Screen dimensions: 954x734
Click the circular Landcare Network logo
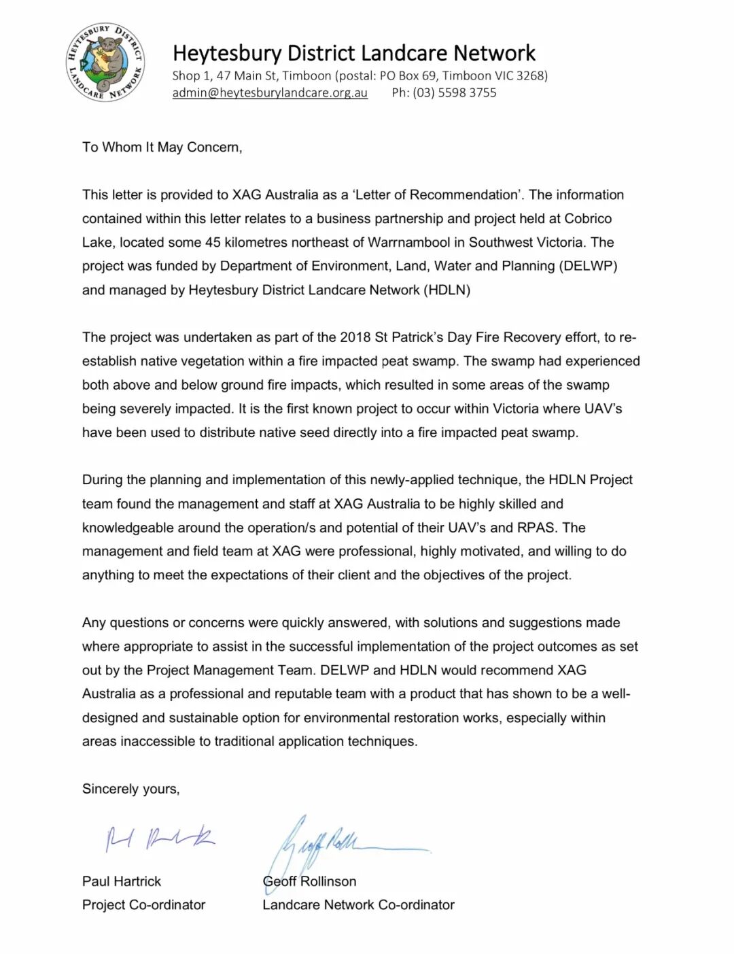click(x=105, y=61)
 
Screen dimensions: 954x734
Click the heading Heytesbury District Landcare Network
click(x=353, y=53)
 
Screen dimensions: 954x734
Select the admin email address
click(x=270, y=92)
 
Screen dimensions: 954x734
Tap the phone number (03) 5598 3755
click(x=454, y=92)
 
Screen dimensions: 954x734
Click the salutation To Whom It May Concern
click(x=162, y=147)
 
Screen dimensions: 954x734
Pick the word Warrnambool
click(x=415, y=242)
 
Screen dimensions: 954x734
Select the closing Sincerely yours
click(x=130, y=789)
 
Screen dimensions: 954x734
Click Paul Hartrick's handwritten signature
click(x=160, y=838)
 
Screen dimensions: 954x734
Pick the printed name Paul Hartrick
click(x=122, y=881)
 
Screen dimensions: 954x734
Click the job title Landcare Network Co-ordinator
click(x=358, y=905)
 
